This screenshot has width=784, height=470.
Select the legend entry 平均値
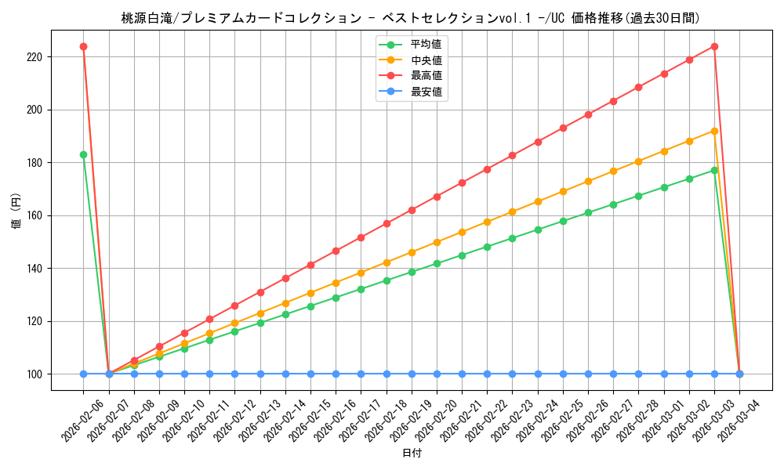pyautogui.click(x=426, y=43)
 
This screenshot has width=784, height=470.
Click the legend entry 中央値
pyautogui.click(x=426, y=60)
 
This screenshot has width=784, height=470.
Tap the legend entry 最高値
pyautogui.click(x=426, y=76)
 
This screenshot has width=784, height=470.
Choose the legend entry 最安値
pyautogui.click(x=426, y=92)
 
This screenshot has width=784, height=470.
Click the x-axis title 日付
pyautogui.click(x=412, y=454)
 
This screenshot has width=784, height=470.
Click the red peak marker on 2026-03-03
pyautogui.click(x=714, y=46)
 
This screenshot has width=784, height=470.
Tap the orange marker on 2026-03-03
pyautogui.click(x=714, y=131)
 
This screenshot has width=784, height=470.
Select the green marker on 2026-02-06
pyautogui.click(x=83, y=154)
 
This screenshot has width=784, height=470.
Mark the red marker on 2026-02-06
pyautogui.click(x=83, y=46)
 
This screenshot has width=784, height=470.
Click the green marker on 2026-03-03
pyautogui.click(x=714, y=170)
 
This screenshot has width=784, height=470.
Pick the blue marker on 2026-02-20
pyautogui.click(x=437, y=374)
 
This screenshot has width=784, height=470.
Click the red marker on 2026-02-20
pyautogui.click(x=437, y=197)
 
